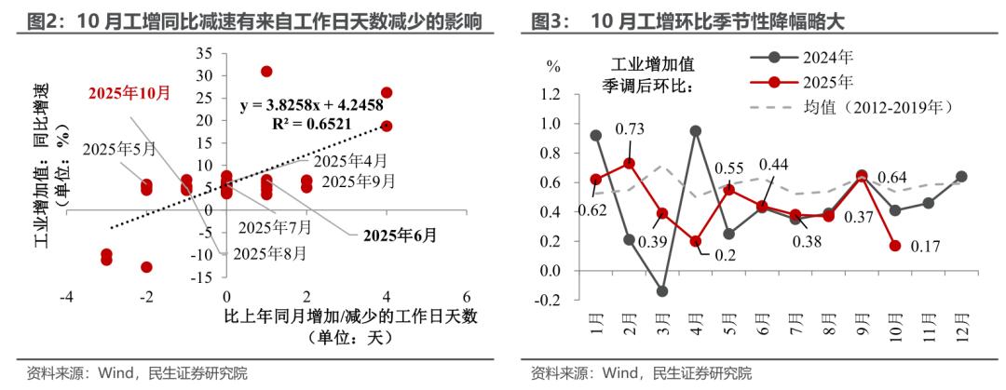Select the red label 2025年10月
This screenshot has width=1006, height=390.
pos(129,93)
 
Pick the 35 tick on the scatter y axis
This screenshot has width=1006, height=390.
pos(204,52)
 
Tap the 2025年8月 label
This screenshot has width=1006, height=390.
pos(269,252)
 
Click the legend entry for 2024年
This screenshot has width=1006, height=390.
pos(816,55)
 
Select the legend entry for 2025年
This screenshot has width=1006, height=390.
pos(816,81)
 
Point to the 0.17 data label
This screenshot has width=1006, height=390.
pos(926,246)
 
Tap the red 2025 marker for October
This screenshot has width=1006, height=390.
pos(895,246)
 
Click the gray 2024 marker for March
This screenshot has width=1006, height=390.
pos(662,291)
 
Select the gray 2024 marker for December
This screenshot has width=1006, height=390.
pos(961,177)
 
